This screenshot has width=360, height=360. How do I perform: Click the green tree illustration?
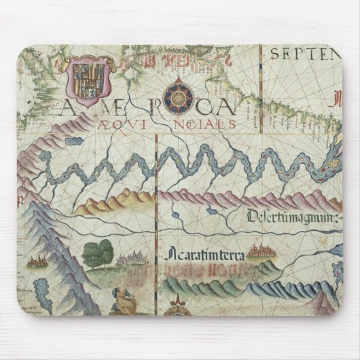click(x=98, y=251)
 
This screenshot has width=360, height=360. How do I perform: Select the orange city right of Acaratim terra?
click(x=259, y=253)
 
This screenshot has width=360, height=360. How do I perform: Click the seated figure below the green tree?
click(x=122, y=300)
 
